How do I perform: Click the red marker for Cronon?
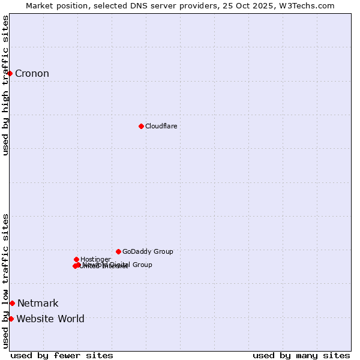(x=10, y=73)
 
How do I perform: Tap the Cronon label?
(x=32, y=74)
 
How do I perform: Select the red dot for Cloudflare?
(x=141, y=126)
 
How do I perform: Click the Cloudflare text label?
(x=161, y=126)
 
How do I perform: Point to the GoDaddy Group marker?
(x=118, y=251)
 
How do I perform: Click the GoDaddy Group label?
(x=148, y=251)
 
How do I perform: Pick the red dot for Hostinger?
(x=76, y=259)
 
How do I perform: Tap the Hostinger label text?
(x=95, y=259)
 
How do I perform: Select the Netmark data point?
(x=12, y=303)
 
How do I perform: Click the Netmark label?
(x=38, y=304)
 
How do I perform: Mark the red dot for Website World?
(x=11, y=319)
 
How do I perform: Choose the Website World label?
(x=50, y=319)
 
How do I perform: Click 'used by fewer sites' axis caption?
(x=62, y=355)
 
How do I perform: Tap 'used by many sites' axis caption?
(x=301, y=355)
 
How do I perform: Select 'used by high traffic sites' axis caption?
(x=6, y=85)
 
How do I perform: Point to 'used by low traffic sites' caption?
(x=6, y=281)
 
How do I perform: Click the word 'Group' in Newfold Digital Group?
(x=142, y=265)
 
